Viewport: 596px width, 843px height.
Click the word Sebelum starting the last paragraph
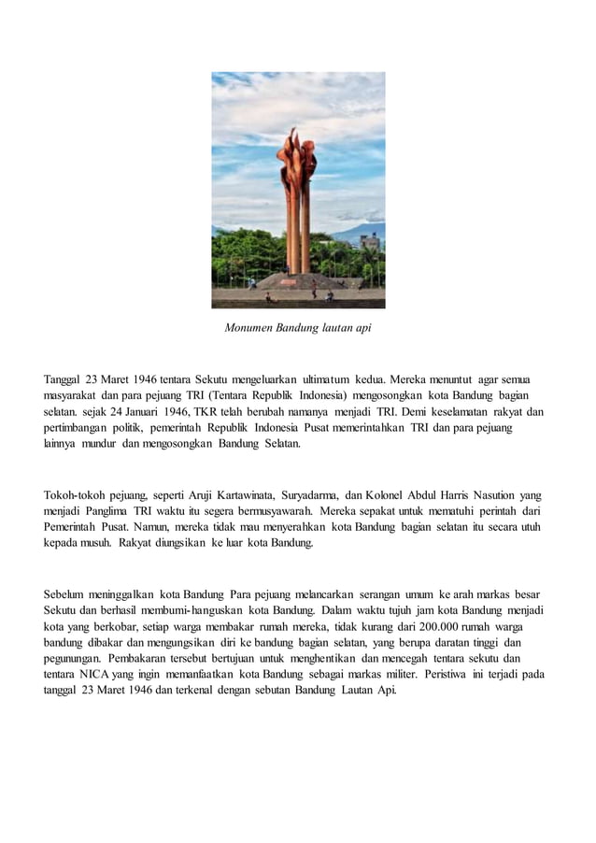click(x=67, y=594)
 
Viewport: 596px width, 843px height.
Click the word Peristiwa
click(x=453, y=675)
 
